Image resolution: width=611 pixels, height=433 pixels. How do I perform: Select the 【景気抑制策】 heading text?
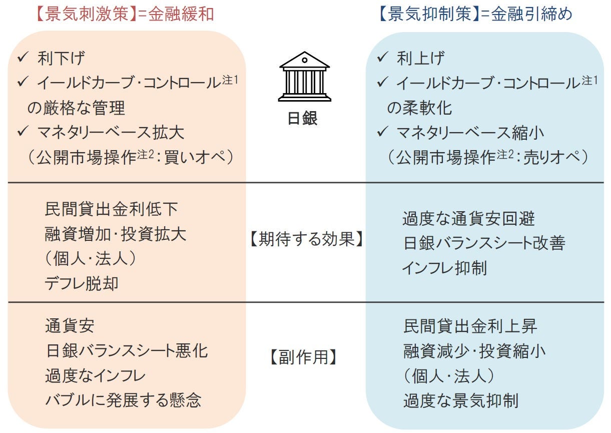(x=429, y=14)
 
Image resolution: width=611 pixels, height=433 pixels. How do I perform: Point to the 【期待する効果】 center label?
(x=305, y=239)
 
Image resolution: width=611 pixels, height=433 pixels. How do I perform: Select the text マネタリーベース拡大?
(x=111, y=133)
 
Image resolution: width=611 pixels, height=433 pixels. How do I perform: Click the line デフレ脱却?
(x=82, y=284)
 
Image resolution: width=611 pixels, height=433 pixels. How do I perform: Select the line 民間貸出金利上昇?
(x=470, y=326)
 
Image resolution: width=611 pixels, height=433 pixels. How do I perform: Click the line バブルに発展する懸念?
(x=123, y=400)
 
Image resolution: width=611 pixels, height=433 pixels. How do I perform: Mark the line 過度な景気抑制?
(x=461, y=400)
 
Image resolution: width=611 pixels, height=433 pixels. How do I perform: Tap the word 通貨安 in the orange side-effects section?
(x=69, y=326)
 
